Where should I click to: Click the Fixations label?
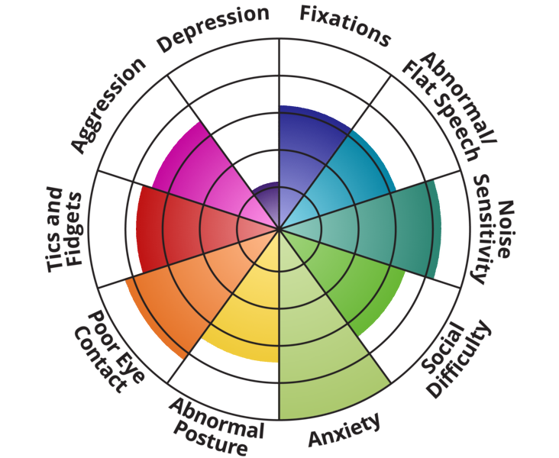click(344, 23)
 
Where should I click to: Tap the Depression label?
click(213, 28)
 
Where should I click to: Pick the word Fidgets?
click(74, 229)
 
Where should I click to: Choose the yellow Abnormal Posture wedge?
click(244, 321)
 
